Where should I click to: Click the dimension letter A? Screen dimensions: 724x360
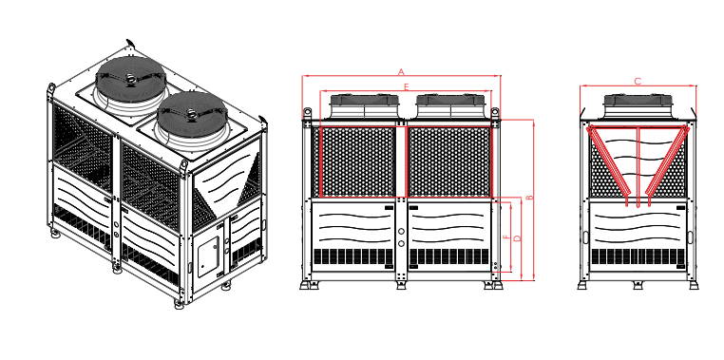[x=401, y=72]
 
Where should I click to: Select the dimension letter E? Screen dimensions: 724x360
[x=407, y=86]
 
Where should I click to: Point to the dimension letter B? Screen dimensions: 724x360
[x=529, y=197]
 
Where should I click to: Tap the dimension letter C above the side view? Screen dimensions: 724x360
[x=638, y=82]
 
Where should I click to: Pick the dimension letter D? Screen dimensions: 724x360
[x=517, y=238]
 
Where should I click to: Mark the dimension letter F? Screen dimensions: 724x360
[x=506, y=237]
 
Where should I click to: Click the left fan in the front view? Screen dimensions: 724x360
[x=364, y=106]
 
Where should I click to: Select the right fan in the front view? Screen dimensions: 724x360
[x=450, y=106]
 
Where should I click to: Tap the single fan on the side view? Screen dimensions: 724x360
[x=638, y=106]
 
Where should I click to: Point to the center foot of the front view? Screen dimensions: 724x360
[x=401, y=285]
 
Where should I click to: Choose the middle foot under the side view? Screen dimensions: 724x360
[x=638, y=285]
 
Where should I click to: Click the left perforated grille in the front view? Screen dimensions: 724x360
[x=357, y=162]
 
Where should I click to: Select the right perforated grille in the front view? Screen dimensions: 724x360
[x=448, y=162]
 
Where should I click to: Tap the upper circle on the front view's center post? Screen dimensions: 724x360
[x=401, y=231]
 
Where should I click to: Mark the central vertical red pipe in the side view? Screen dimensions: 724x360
[x=638, y=166]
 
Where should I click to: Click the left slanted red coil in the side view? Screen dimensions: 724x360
[x=608, y=164]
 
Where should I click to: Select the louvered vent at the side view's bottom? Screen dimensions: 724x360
[x=638, y=256]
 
